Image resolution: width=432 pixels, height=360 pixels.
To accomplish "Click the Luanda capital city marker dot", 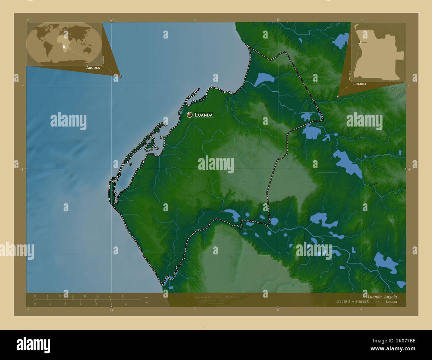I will [x=190, y=115].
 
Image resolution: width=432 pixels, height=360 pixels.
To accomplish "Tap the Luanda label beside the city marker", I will [x=203, y=115].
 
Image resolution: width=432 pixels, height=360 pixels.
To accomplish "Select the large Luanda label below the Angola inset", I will [x=360, y=84].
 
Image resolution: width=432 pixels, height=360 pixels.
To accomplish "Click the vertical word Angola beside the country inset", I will [x=350, y=76].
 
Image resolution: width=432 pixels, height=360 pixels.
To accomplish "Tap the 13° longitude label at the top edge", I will [x=111, y=20].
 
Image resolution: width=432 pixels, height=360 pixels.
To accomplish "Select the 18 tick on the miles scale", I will [x=126, y=304].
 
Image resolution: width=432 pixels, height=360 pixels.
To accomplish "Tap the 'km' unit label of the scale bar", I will [x=147, y=296].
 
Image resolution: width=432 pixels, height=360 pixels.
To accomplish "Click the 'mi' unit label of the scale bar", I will [x=146, y=303].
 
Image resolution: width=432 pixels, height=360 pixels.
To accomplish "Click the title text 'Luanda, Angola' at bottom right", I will [x=381, y=297].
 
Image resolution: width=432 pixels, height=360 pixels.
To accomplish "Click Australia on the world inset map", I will [x=88, y=50].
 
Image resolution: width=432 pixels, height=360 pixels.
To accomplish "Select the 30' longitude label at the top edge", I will [x=278, y=20].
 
